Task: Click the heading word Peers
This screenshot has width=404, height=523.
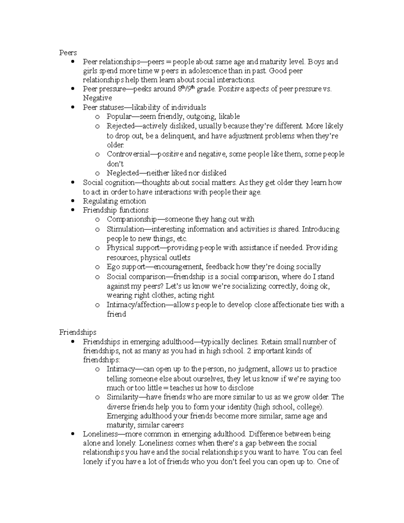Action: [68, 53]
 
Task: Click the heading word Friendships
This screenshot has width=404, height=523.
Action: [77, 332]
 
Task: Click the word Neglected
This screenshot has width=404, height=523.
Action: [123, 173]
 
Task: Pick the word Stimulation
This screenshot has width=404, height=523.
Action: [125, 229]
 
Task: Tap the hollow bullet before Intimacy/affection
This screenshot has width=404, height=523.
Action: [97, 305]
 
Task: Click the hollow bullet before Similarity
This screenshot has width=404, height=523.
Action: [97, 397]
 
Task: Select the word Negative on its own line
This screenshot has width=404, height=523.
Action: [97, 98]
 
